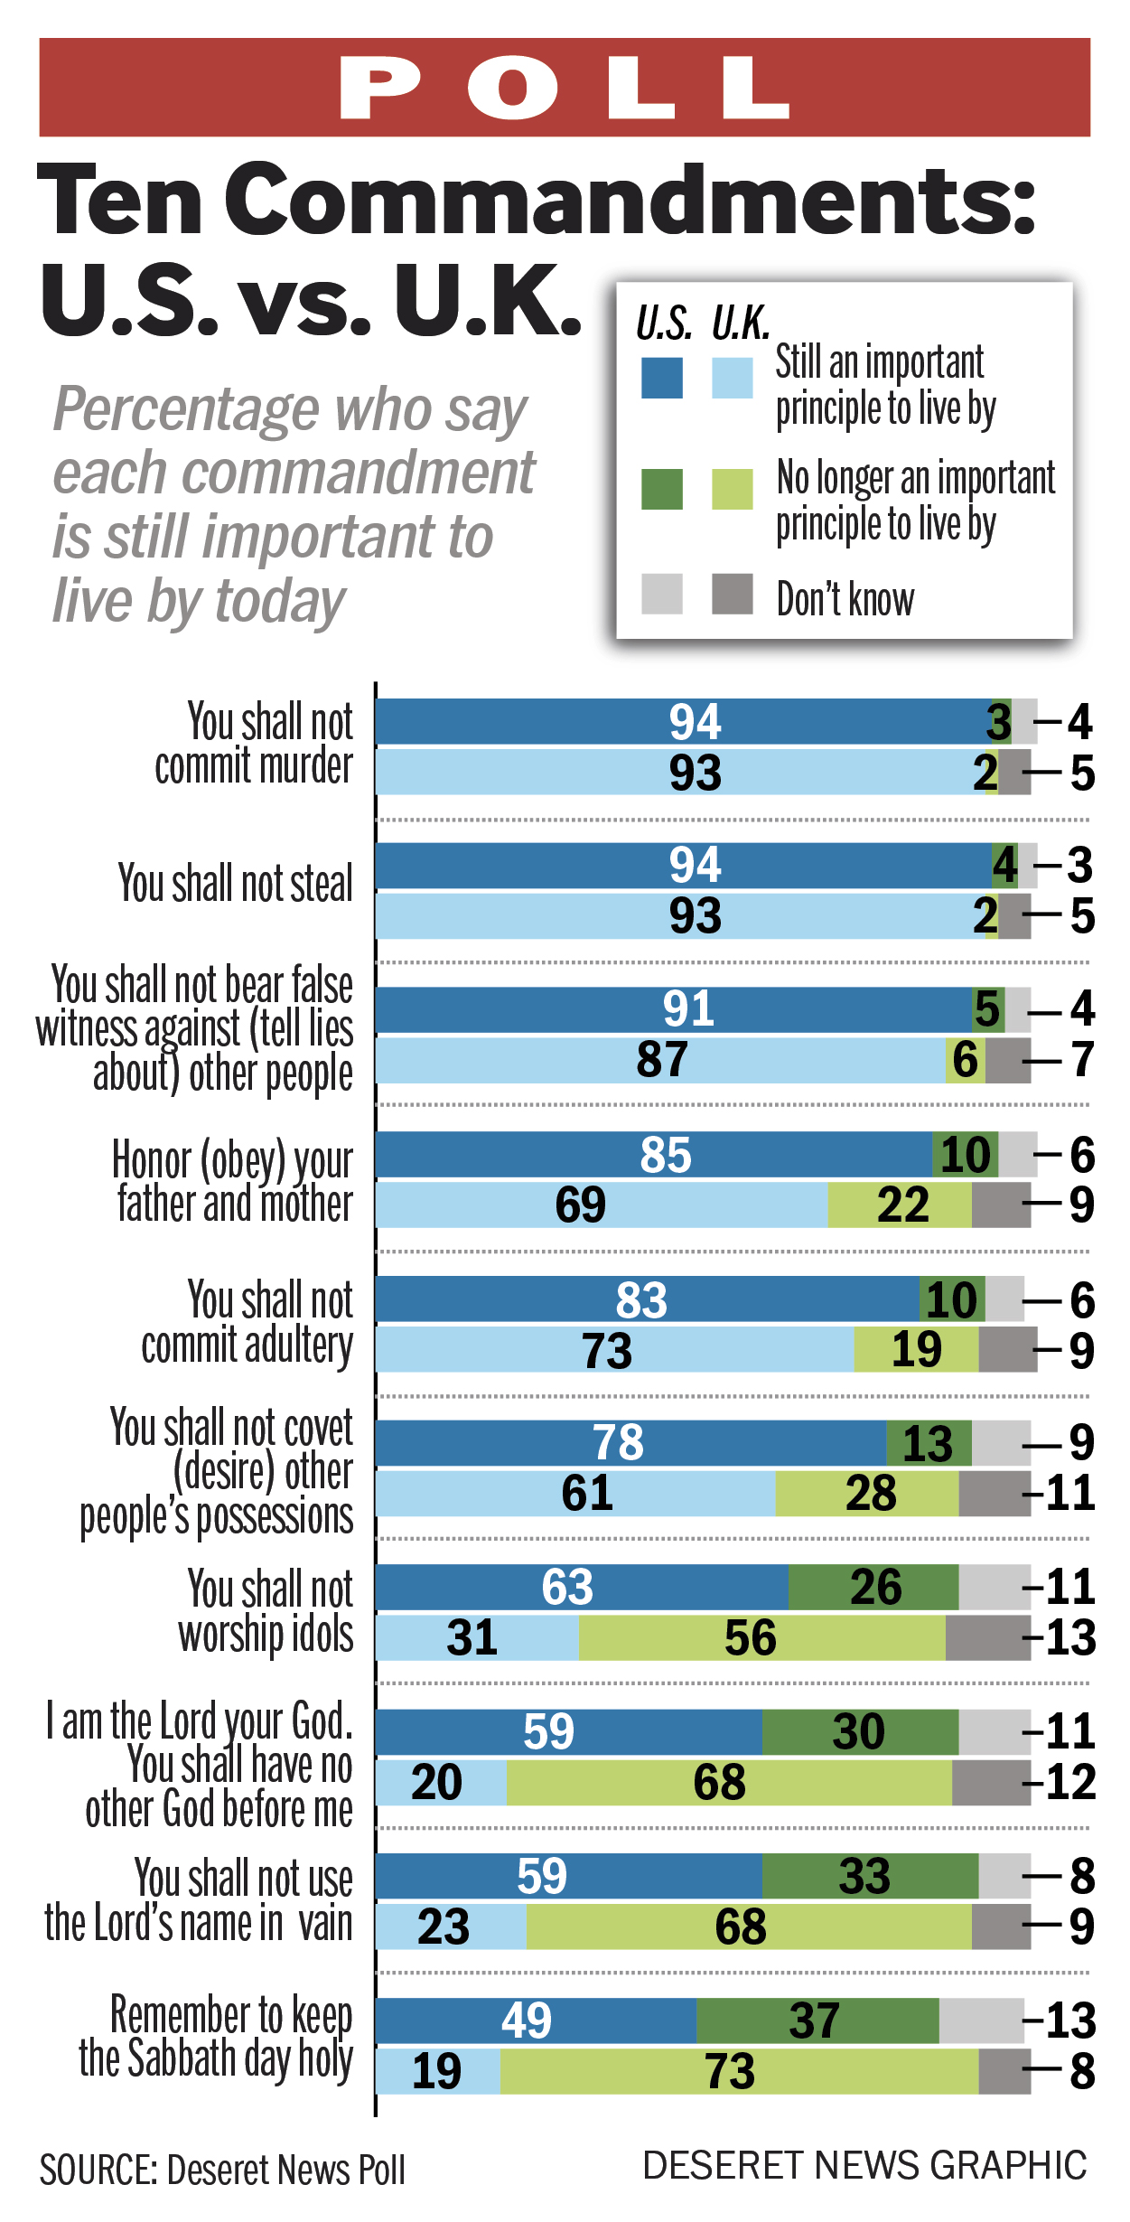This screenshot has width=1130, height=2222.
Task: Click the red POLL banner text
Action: pyautogui.click(x=565, y=88)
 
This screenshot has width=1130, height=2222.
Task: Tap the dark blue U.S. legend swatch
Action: pyautogui.click(x=661, y=378)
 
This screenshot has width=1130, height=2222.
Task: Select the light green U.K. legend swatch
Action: pyautogui.click(x=732, y=489)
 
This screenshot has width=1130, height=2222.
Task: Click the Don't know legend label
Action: pyautogui.click(x=845, y=599)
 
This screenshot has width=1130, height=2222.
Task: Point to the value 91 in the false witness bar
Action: pyautogui.click(x=688, y=1009)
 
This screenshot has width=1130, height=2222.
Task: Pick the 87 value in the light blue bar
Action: pyautogui.click(x=662, y=1060)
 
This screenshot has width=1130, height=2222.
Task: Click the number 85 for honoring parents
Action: pyautogui.click(x=666, y=1155)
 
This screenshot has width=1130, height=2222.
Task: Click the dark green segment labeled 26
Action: pyautogui.click(x=873, y=1587)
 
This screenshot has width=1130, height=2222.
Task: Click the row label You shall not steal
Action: pyautogui.click(x=235, y=883)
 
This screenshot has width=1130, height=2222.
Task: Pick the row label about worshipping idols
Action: pyautogui.click(x=267, y=1611)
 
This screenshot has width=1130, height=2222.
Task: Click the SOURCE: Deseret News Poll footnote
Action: pyautogui.click(x=222, y=2170)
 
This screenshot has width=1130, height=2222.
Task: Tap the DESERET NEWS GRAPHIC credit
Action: pyautogui.click(x=864, y=2165)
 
